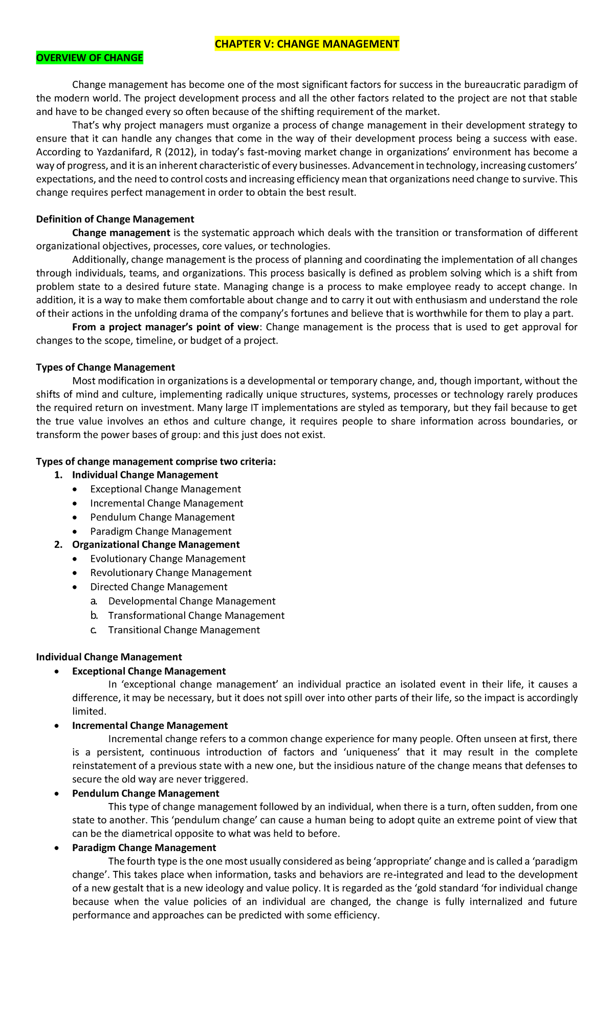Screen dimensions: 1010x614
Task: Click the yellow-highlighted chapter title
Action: click(306, 44)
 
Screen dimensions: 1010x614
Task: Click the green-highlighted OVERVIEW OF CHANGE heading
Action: click(90, 58)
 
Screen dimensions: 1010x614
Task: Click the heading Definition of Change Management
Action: click(115, 219)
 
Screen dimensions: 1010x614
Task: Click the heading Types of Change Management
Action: click(105, 368)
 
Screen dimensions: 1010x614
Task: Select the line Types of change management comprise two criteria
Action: click(156, 462)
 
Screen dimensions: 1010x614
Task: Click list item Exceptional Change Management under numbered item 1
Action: click(165, 489)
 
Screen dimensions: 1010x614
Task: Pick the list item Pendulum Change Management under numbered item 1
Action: click(162, 517)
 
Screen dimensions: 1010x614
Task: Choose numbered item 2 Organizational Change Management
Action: click(156, 544)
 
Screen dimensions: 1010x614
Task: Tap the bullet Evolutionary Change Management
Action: click(168, 559)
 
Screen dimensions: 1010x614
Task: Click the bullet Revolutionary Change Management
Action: click(171, 573)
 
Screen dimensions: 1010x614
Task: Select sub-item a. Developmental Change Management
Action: click(191, 601)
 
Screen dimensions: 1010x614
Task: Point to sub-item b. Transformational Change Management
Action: click(196, 615)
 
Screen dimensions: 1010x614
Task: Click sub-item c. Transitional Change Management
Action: click(184, 630)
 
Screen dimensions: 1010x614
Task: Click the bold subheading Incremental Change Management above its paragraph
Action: click(150, 725)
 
